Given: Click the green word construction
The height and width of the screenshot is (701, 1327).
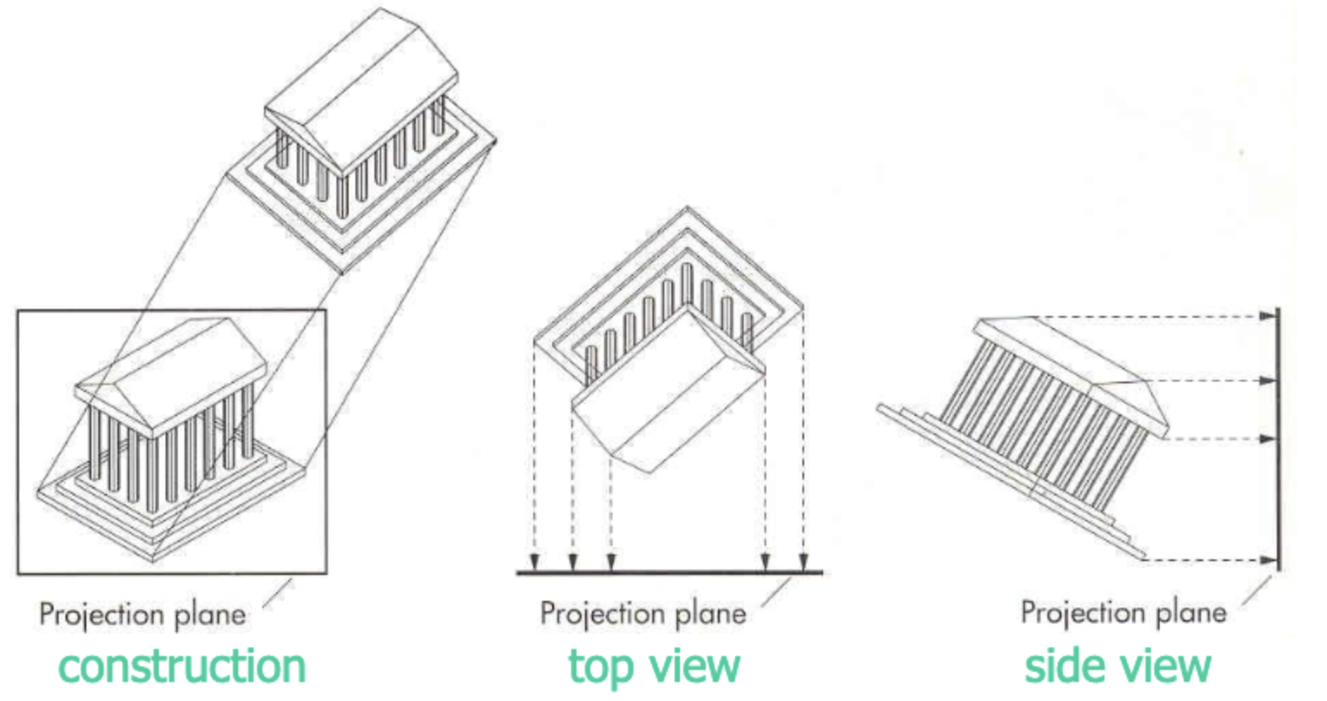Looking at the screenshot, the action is pyautogui.click(x=182, y=666).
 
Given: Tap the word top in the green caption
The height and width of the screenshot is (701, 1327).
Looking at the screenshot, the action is pyautogui.click(x=598, y=666).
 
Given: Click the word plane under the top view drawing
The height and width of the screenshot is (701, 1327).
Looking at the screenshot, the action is pyautogui.click(x=708, y=614).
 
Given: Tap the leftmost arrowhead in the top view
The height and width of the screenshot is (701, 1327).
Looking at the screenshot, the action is pyautogui.click(x=535, y=563).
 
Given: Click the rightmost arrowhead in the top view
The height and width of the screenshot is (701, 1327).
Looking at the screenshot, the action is pyautogui.click(x=804, y=563).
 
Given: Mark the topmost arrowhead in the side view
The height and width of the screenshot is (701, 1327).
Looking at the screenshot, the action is pyautogui.click(x=1267, y=316).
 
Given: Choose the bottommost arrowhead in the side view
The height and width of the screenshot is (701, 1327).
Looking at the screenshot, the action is pyautogui.click(x=1267, y=560).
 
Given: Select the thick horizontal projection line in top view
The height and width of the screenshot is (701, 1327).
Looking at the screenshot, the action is pyautogui.click(x=669, y=572).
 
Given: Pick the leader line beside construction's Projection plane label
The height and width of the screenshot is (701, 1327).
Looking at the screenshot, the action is pyautogui.click(x=278, y=592).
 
